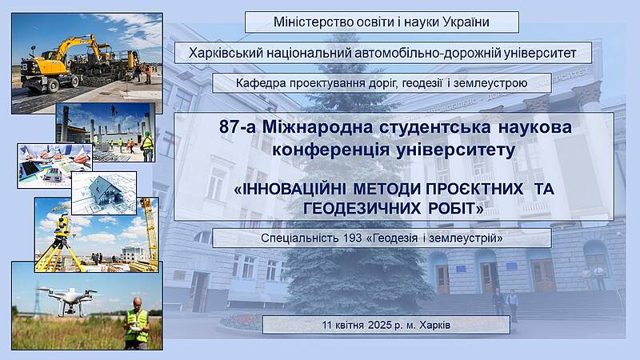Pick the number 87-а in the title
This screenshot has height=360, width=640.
[x=238, y=127]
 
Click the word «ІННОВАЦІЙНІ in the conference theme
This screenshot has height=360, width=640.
[x=290, y=189]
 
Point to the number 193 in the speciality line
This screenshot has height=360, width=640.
[x=353, y=238]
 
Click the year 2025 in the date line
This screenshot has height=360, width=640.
[x=379, y=326]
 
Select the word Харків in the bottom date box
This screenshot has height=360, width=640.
[x=434, y=326]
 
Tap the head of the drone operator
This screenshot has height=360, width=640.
[x=138, y=303]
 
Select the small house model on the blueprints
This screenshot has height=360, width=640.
[x=106, y=191]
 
